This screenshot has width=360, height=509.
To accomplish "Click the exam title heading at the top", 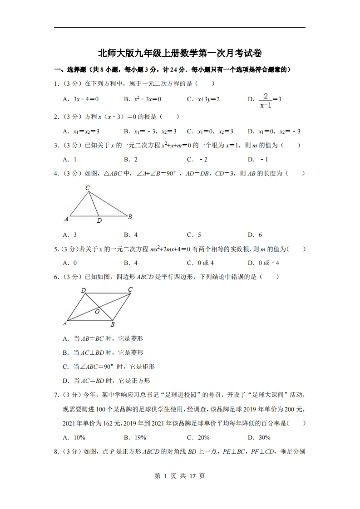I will point(180,53).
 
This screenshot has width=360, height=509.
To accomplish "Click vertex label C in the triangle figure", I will point(87,188).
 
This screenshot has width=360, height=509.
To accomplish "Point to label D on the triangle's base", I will point(99,221).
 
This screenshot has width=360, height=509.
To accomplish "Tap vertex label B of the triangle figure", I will point(130,217).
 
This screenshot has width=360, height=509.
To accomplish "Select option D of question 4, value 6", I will point(255,235).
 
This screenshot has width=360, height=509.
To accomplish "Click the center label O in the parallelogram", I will point(97,312).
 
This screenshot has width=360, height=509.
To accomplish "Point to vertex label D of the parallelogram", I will point(84,290).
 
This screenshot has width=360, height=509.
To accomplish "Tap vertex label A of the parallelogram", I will point(65,323).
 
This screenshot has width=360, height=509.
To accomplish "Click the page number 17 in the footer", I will point(192,476).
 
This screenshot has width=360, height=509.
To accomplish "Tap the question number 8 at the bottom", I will point(55,451).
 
